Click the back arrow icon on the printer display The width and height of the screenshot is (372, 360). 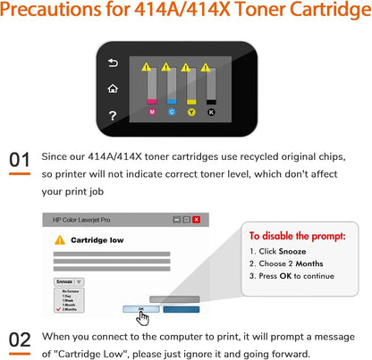point(113,63)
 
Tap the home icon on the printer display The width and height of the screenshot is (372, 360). point(113,88)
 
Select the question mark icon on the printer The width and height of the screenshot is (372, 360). point(113,115)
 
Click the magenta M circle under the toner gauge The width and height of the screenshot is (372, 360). point(151,112)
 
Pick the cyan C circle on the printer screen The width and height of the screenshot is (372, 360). point(171,112)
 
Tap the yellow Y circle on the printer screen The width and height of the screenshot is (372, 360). point(191,112)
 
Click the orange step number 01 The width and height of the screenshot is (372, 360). point(20,161)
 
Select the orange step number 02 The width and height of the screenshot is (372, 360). point(20,339)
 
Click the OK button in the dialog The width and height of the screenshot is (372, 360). point(140,309)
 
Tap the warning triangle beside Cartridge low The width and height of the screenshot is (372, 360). point(60,240)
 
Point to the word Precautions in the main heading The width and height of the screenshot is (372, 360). point(56,12)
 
